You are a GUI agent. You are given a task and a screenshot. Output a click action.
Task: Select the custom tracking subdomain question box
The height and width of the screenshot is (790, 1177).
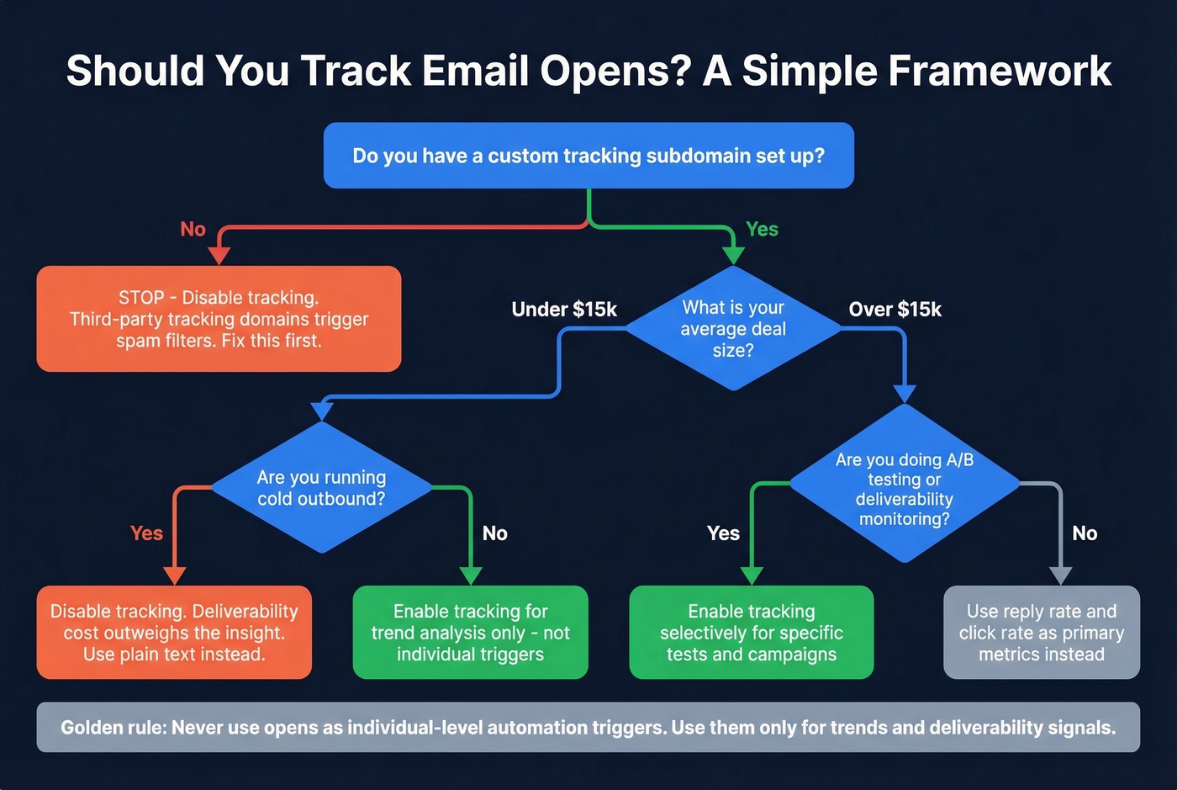click(x=588, y=156)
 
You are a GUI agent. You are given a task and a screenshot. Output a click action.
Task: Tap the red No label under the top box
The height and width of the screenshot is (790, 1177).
click(x=193, y=229)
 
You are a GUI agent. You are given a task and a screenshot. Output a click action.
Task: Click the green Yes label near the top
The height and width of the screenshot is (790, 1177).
click(x=762, y=229)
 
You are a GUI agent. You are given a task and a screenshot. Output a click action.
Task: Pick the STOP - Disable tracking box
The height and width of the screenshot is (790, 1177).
click(x=219, y=319)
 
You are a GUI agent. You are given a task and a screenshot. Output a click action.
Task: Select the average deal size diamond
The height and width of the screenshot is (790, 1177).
click(x=733, y=328)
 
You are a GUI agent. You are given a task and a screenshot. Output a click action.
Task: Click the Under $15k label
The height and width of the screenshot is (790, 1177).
click(x=564, y=310)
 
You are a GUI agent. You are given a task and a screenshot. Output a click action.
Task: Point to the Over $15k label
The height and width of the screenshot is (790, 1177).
click(x=895, y=310)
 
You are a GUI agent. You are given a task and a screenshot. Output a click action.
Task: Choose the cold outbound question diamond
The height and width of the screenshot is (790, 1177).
click(x=321, y=488)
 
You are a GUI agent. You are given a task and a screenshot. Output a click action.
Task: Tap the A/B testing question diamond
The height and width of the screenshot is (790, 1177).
click(x=904, y=488)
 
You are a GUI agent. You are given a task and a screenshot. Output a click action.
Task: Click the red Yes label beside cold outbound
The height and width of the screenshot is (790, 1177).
click(x=146, y=533)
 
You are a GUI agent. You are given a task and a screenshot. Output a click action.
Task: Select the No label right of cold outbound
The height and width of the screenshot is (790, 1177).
click(x=494, y=533)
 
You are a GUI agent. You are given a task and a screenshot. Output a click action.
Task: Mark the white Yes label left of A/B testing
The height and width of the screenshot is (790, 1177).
click(x=723, y=533)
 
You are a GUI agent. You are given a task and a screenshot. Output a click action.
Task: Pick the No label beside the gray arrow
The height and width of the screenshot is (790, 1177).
click(x=1085, y=533)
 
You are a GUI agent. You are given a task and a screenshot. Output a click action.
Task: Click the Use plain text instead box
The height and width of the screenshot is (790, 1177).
click(x=174, y=633)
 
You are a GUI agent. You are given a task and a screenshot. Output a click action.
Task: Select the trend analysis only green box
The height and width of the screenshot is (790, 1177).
click(x=470, y=633)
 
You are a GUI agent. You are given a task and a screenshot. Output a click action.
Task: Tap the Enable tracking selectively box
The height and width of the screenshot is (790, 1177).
click(x=751, y=633)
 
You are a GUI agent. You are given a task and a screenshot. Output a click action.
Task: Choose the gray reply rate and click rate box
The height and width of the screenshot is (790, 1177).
click(x=1041, y=633)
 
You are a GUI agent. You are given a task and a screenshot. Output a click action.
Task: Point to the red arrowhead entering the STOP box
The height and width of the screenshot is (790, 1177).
click(x=219, y=256)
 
